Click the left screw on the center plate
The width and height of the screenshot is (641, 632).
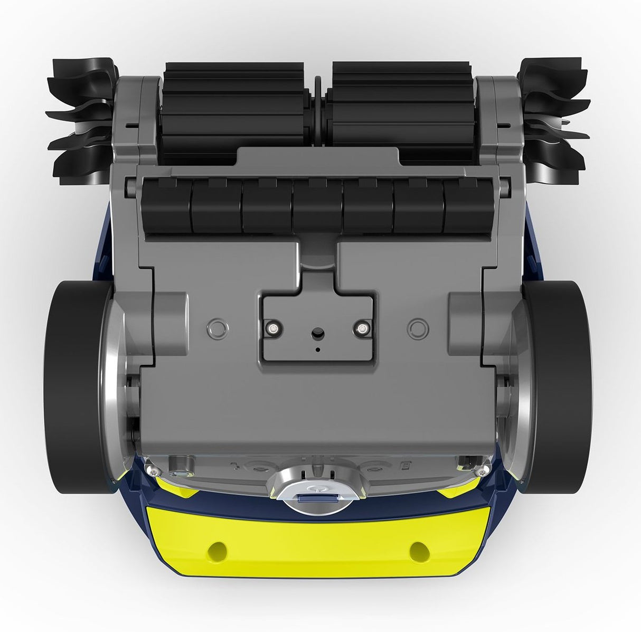tap(272, 329)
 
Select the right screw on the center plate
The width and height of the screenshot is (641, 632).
tap(362, 329)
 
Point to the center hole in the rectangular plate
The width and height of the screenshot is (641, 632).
tap(317, 334)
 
